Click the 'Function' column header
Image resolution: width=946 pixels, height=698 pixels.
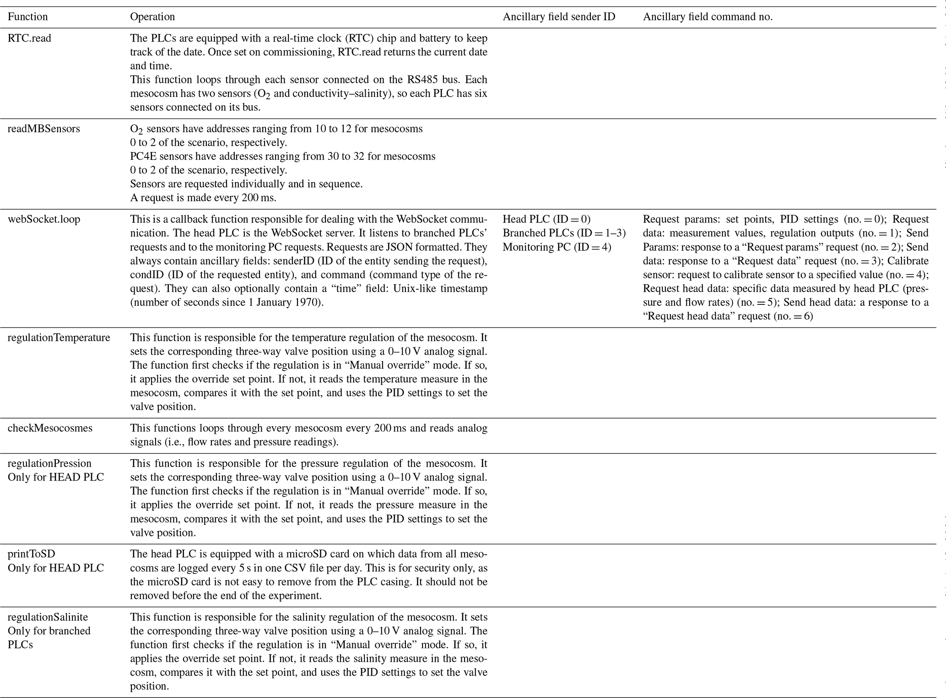(x=27, y=17)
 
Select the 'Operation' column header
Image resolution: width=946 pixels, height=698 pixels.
(x=152, y=17)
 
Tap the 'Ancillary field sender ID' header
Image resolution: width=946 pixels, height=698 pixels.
(x=559, y=17)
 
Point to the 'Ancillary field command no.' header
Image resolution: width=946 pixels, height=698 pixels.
(x=708, y=17)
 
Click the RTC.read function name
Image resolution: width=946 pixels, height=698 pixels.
(x=29, y=38)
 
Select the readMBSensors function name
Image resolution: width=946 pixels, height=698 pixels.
(x=43, y=129)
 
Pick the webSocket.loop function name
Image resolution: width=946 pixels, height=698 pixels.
(x=44, y=219)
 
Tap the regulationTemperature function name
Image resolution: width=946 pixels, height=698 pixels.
(x=59, y=338)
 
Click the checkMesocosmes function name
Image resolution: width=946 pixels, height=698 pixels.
(x=50, y=428)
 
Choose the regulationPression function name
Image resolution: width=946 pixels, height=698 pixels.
(x=49, y=463)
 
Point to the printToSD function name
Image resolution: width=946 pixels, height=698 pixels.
(x=31, y=554)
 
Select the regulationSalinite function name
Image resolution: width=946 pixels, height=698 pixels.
(x=48, y=617)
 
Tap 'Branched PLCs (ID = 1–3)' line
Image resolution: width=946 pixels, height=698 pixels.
(x=564, y=233)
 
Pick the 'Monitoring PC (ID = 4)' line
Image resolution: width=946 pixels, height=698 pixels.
(x=557, y=247)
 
